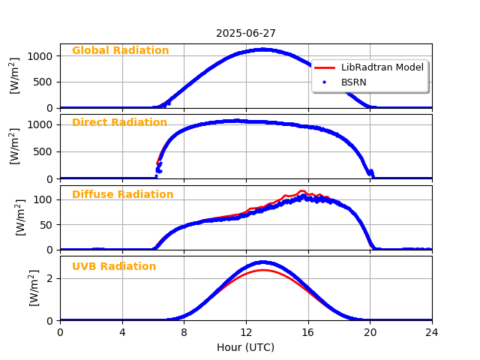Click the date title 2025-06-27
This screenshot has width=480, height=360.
tap(246, 34)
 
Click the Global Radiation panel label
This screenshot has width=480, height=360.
tap(120, 51)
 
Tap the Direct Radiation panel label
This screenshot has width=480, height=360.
tap(119, 123)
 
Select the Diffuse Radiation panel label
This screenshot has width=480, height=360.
tap(122, 195)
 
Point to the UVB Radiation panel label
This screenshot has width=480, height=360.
tap(114, 267)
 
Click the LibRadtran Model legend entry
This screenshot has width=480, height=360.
tap(382, 67)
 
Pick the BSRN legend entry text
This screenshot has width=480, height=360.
tap(354, 82)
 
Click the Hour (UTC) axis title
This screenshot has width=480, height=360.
tap(246, 347)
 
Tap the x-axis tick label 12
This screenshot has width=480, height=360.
tap(246, 333)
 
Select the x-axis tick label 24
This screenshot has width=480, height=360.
tap(432, 333)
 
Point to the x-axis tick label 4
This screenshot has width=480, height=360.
tap(122, 333)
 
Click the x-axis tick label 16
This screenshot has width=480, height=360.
tap(308, 333)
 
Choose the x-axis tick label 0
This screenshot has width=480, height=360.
tap(60, 333)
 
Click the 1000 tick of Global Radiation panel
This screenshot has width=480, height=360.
tap(40, 56)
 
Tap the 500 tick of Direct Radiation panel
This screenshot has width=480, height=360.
tap(43, 151)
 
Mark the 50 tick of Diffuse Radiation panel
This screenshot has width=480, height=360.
tap(46, 224)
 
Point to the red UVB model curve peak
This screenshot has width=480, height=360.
tap(262, 270)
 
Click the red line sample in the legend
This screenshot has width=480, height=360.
tap(325, 67)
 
